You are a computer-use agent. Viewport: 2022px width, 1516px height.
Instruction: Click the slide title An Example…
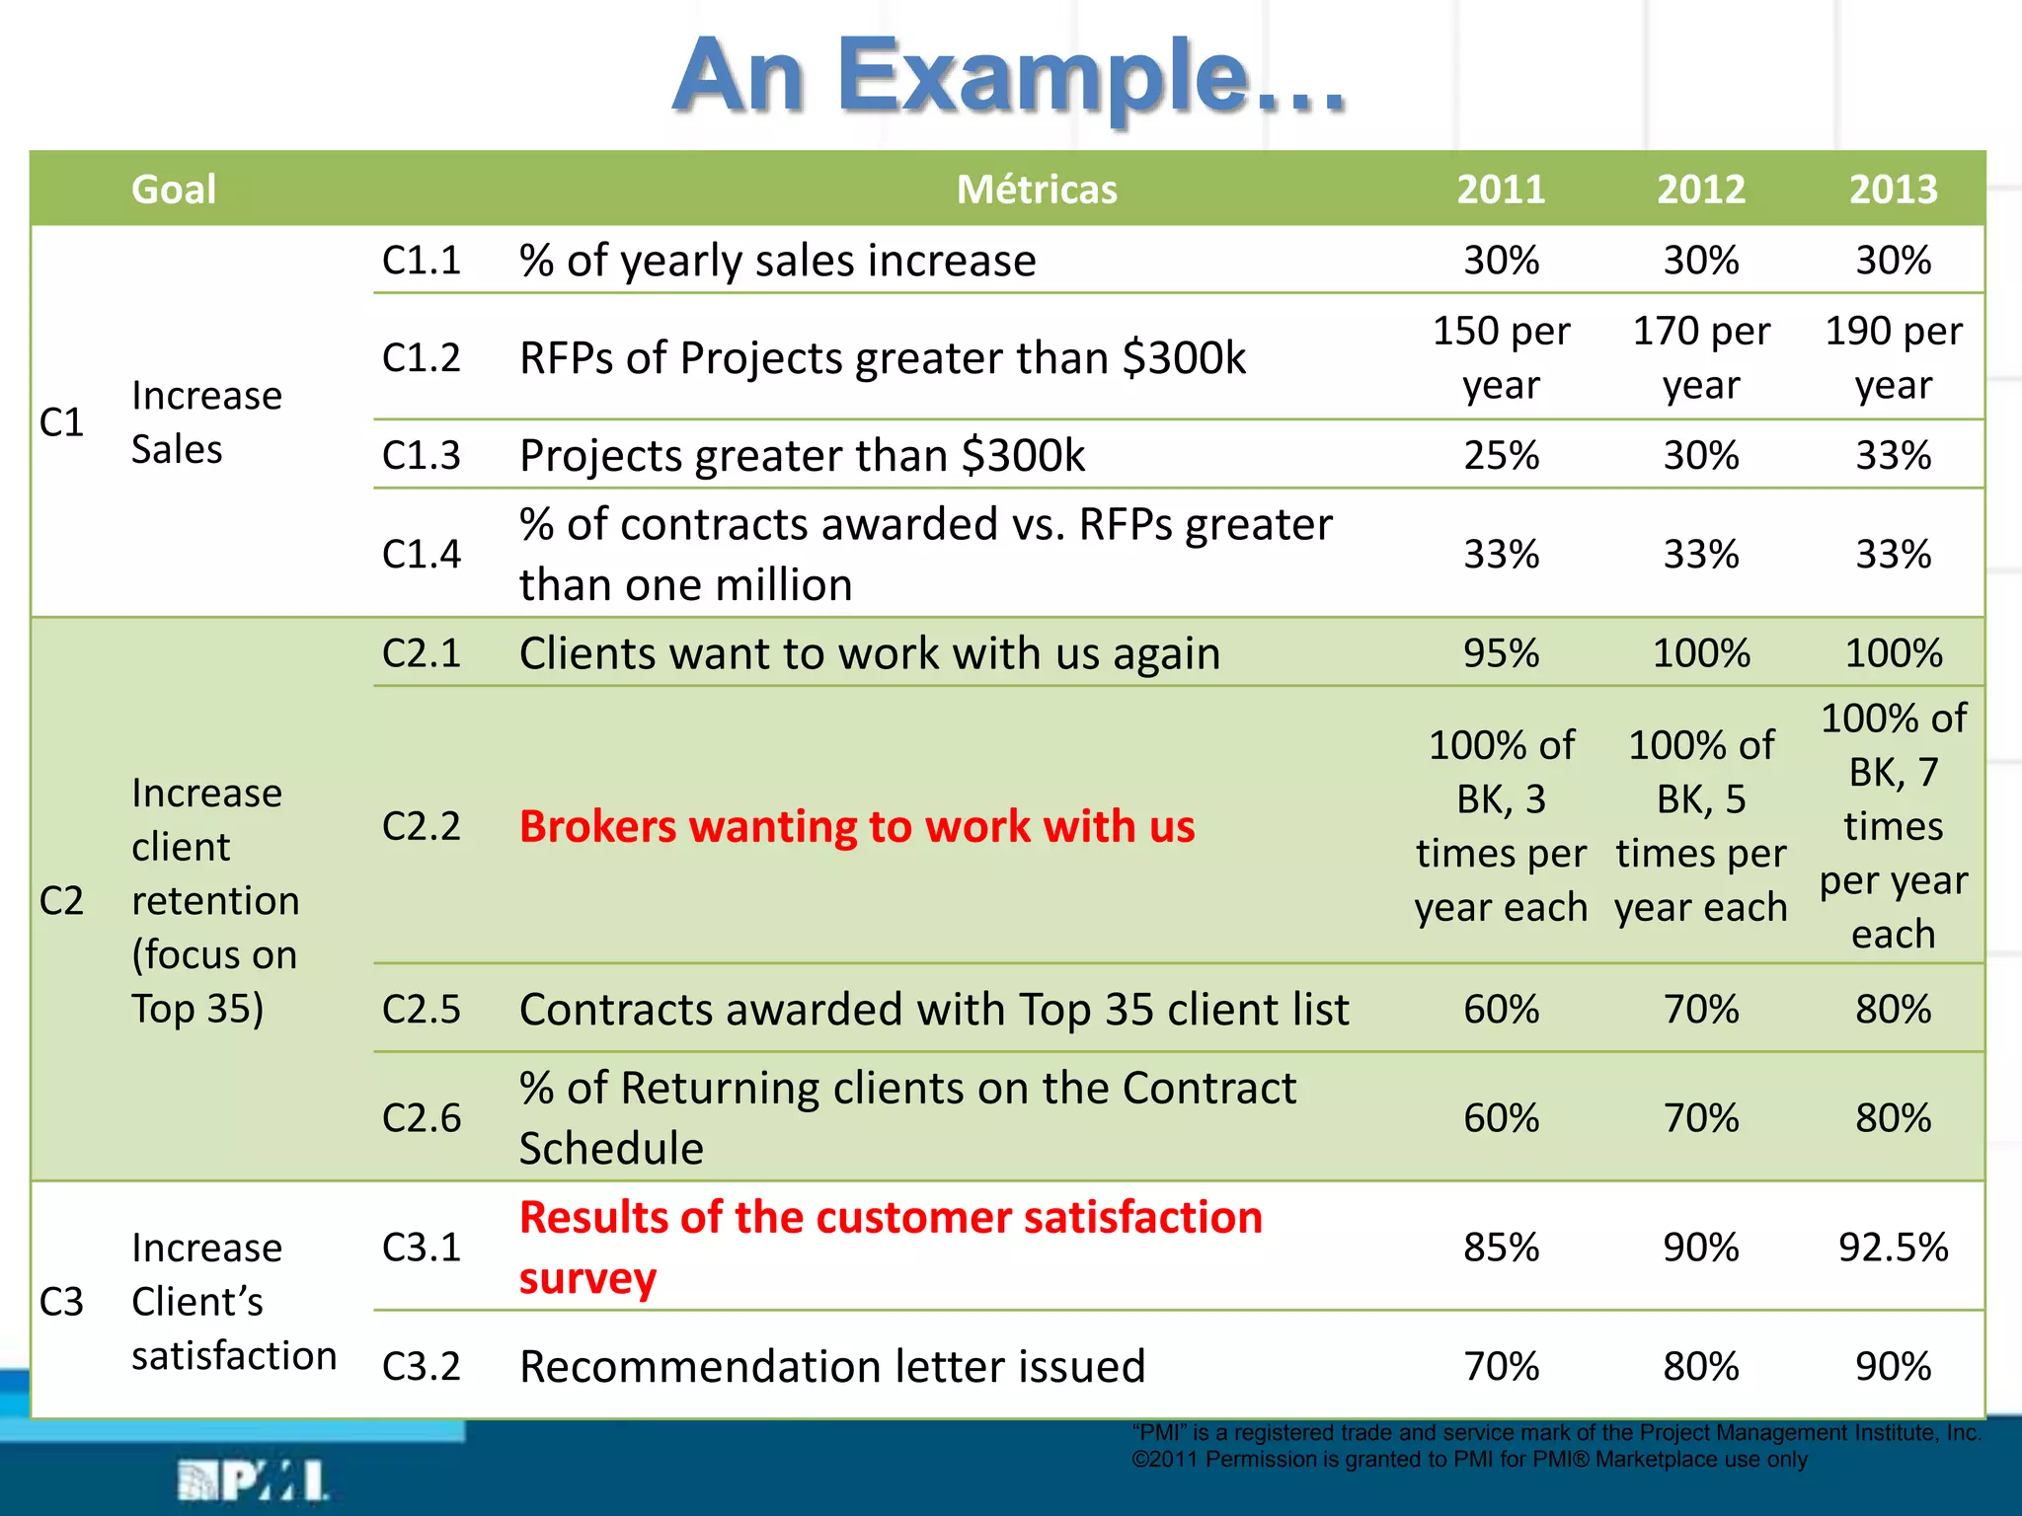pos(1009,76)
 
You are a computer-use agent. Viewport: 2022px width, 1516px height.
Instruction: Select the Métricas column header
pos(1037,189)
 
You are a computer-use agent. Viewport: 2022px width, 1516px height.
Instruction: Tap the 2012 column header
pos(1700,189)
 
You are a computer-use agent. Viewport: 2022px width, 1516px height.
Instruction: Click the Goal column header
pos(174,189)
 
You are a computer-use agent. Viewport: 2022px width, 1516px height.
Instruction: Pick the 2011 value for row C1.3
pos(1501,455)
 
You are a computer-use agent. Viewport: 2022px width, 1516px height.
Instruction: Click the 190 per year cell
pos(1893,357)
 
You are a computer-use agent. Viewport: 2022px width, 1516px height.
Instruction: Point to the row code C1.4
pos(422,554)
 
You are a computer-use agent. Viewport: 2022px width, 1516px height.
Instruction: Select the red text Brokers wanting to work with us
pos(857,826)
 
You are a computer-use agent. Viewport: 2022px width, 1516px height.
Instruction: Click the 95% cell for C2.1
pos(1501,653)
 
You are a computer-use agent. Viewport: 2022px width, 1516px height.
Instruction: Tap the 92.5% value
pos(1893,1248)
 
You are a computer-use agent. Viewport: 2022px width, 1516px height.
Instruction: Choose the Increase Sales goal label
pos(206,422)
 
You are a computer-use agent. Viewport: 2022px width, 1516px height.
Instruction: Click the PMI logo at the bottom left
pos(253,1480)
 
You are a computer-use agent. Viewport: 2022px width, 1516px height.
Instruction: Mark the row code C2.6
pos(422,1117)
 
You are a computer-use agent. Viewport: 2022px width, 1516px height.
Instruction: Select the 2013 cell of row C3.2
pos(1893,1367)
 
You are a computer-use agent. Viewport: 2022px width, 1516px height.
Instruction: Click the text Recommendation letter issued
pos(832,1367)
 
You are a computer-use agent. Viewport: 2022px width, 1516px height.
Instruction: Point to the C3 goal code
pos(61,1302)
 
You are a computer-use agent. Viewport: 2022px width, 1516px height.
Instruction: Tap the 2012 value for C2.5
pos(1700,1009)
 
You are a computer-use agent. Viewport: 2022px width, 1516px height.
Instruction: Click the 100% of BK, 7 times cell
pos(1893,826)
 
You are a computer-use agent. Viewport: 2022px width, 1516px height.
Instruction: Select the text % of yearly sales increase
pos(778,261)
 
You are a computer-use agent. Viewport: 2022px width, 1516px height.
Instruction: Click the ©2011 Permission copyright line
pos(1469,1460)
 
